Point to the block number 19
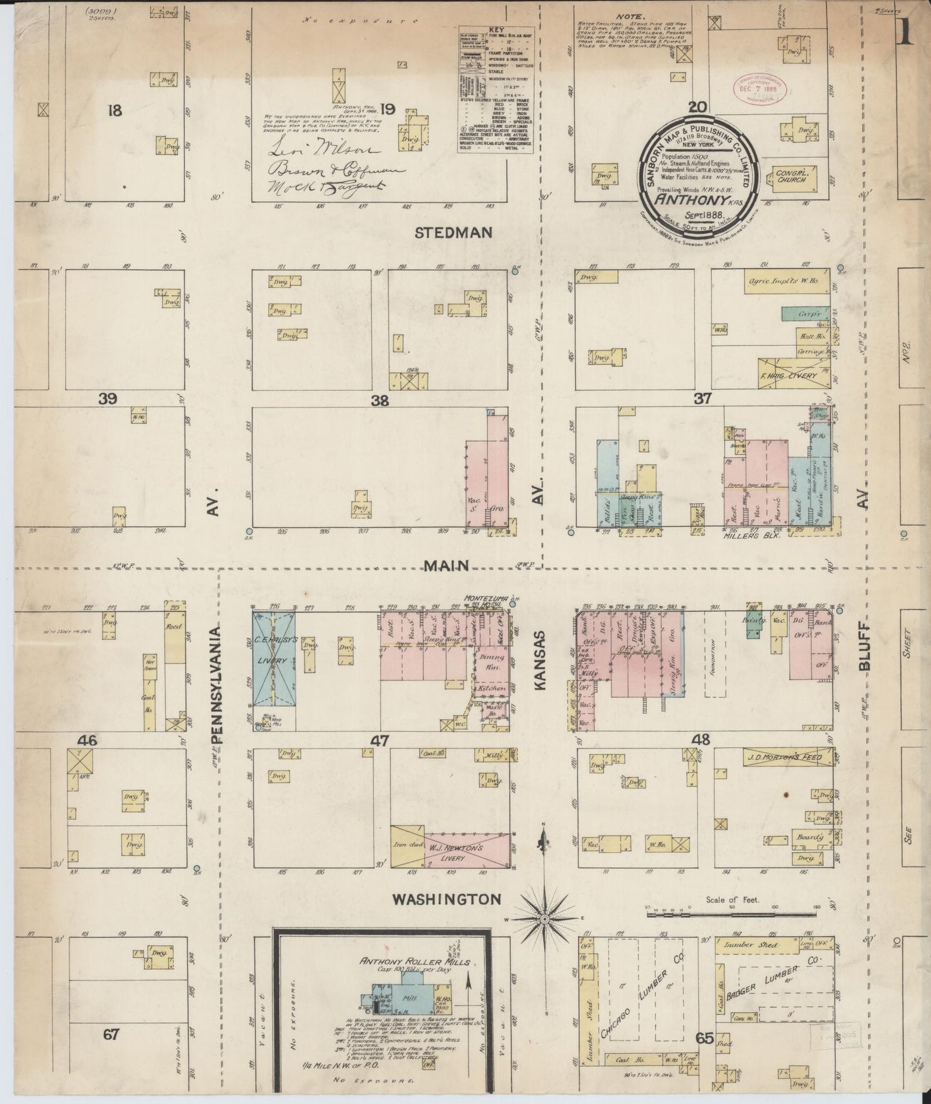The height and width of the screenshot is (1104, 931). click(x=387, y=109)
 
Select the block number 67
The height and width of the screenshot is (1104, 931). click(x=111, y=1034)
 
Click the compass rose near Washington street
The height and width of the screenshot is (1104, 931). click(x=544, y=917)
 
